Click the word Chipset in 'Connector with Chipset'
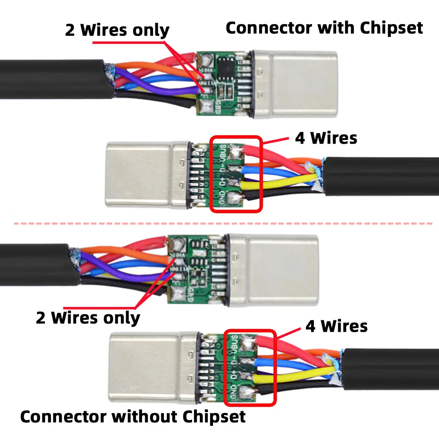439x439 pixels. pyautogui.click(x=391, y=28)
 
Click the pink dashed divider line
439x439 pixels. pyautogui.click(x=219, y=223)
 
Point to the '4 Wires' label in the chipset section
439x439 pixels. pyautogui.click(x=326, y=138)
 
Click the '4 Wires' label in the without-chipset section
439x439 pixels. pyautogui.click(x=337, y=326)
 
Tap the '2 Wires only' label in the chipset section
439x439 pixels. pyautogui.click(x=117, y=30)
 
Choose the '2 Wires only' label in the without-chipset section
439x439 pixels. pyautogui.click(x=88, y=318)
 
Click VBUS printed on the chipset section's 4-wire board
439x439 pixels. pyautogui.click(x=222, y=153)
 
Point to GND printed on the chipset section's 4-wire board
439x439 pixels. pyautogui.click(x=222, y=198)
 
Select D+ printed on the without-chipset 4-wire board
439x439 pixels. pyautogui.click(x=233, y=375)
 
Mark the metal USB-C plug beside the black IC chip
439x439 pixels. pyautogui.click(x=296, y=84)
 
